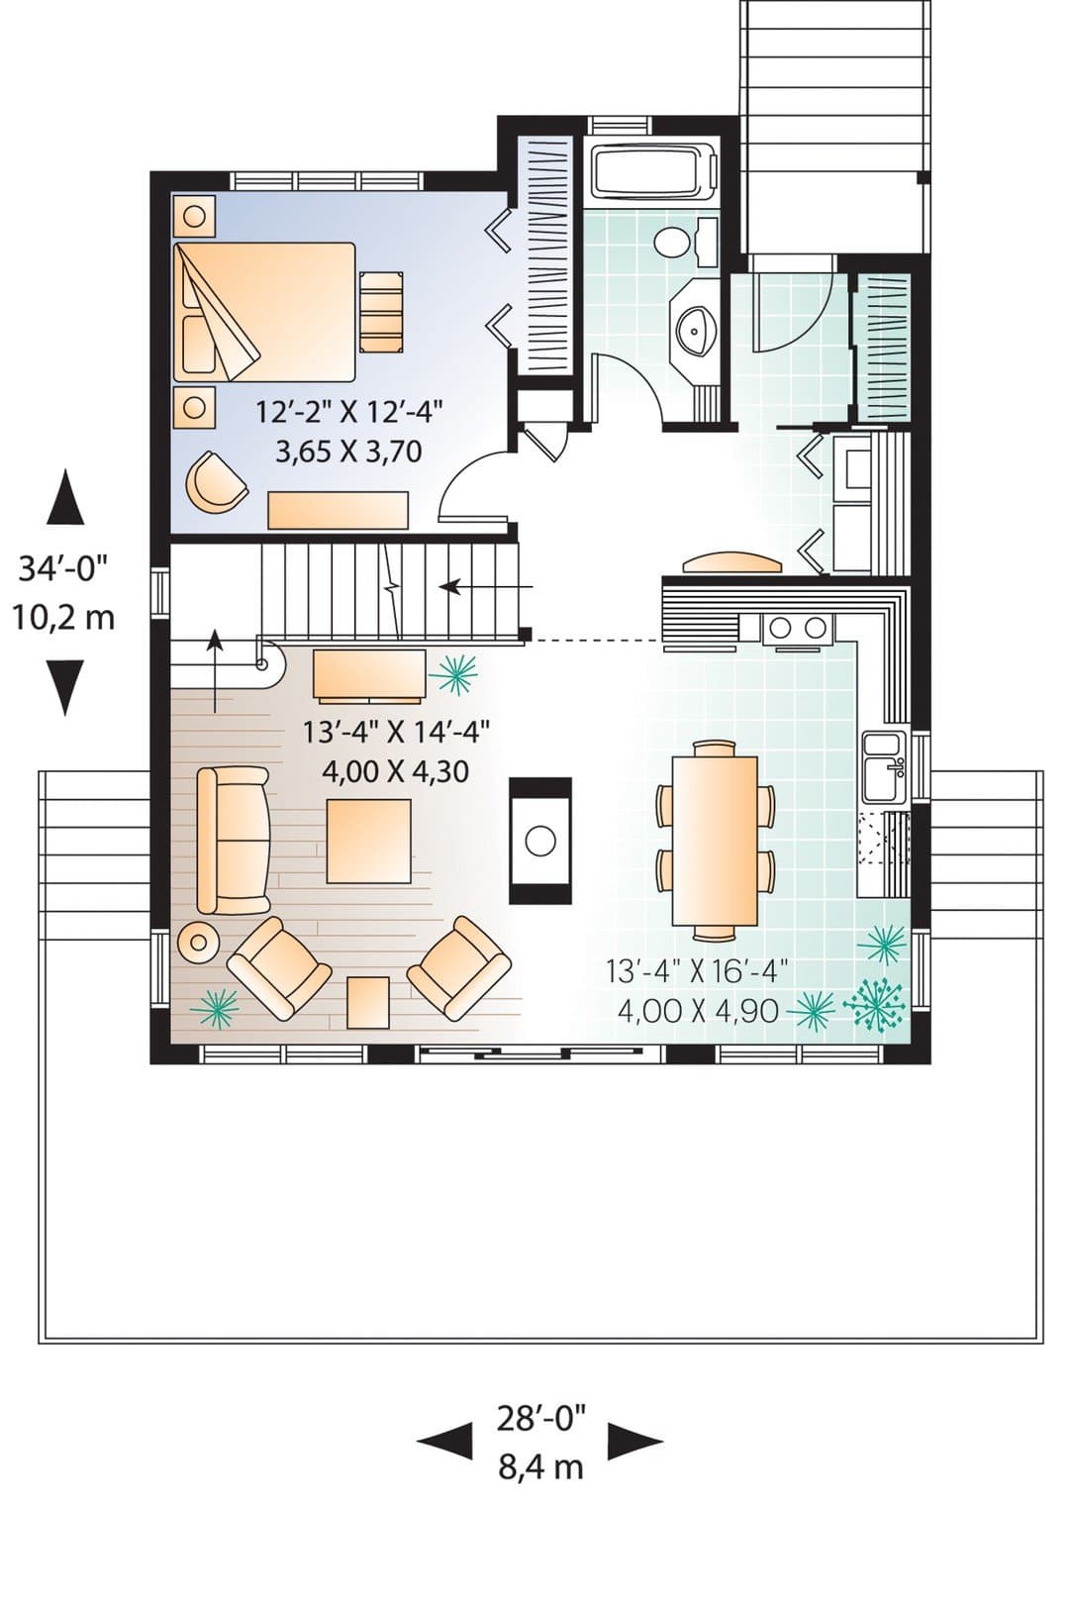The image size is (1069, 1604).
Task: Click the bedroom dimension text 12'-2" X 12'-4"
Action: point(348,413)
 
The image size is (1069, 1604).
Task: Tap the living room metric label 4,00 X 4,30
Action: point(395,771)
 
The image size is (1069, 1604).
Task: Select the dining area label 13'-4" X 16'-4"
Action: point(697,971)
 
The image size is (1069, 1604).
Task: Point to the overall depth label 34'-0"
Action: point(62,569)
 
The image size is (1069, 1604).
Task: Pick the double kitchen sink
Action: point(885,767)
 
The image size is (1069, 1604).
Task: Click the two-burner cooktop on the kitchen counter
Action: point(798,628)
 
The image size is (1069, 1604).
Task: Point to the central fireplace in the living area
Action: point(540,840)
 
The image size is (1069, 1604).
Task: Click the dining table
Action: point(715,840)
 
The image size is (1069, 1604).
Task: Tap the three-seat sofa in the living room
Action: point(234,841)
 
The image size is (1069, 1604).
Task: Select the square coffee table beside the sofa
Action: point(369,841)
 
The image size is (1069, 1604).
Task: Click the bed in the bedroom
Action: point(265,312)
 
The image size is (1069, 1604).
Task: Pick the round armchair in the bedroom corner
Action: point(215,480)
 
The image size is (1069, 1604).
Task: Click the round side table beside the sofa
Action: point(198,943)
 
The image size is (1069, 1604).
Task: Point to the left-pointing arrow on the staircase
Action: point(486,587)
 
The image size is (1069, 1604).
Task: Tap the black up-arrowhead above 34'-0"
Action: point(65,497)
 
